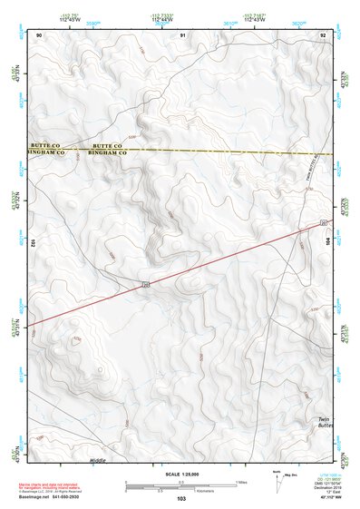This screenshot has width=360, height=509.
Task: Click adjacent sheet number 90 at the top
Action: point(40,34)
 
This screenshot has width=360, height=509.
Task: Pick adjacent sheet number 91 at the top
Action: point(182,34)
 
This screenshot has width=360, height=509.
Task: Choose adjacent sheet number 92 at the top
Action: point(322,34)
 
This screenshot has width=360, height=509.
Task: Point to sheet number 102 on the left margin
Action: point(32,243)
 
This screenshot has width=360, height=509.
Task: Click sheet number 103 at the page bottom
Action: point(181,498)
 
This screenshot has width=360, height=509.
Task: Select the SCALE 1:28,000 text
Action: point(180,474)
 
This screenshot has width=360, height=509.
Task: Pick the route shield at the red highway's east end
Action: point(321,222)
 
